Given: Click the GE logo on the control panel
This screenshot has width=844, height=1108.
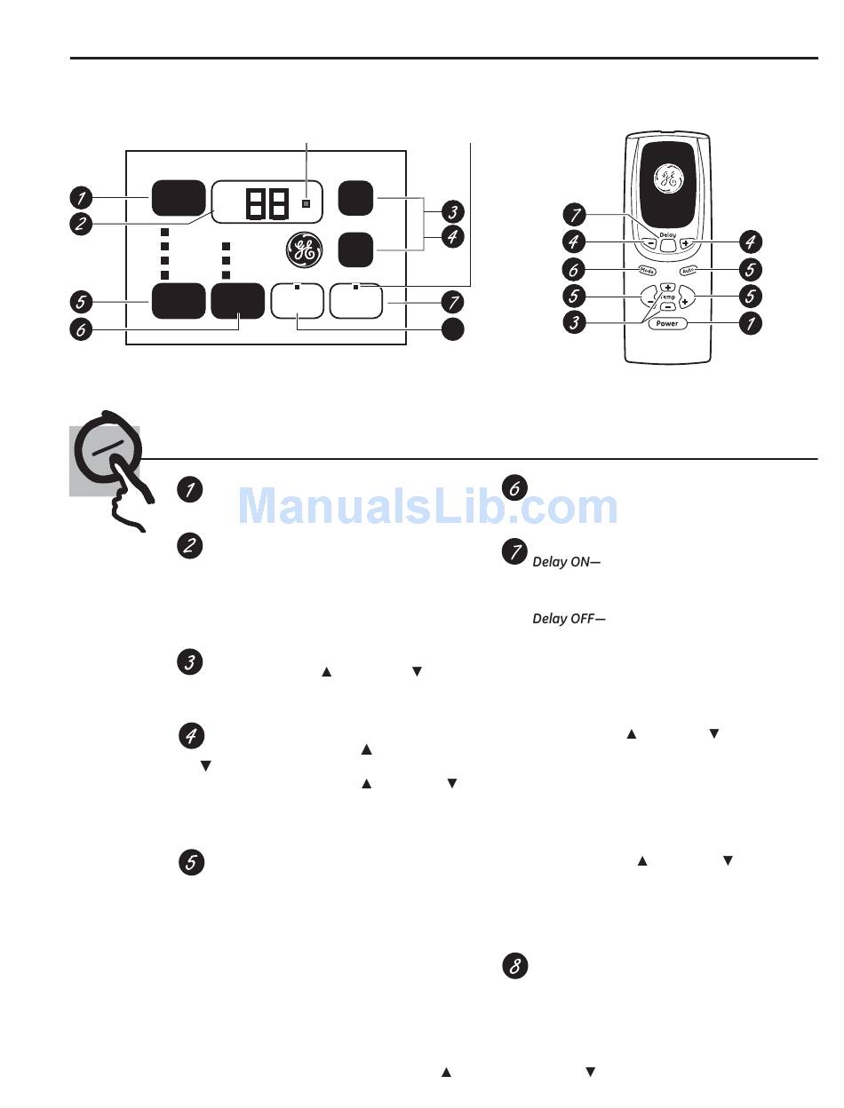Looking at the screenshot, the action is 304,251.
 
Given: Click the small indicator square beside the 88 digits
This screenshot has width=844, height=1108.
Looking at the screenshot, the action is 306,203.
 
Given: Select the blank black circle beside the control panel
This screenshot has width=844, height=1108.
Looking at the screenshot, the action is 452,328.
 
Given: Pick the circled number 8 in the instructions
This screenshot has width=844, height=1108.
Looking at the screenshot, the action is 514,967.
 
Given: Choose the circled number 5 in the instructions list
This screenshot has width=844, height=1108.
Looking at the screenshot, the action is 192,862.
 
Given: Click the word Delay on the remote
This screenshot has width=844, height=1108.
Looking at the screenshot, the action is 668,234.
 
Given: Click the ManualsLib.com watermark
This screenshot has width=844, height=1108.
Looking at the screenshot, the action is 429,507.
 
